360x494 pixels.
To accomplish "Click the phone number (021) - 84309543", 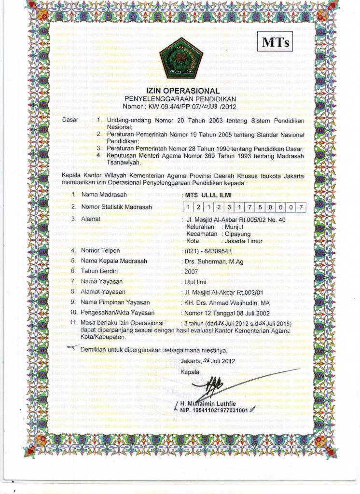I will (x=207, y=251).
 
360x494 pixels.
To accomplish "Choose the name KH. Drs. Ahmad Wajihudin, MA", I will (x=224, y=302).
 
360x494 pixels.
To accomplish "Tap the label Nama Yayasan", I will (x=102, y=281).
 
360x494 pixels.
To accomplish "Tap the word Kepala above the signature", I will (x=189, y=372).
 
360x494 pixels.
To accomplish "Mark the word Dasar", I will (x=71, y=119).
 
